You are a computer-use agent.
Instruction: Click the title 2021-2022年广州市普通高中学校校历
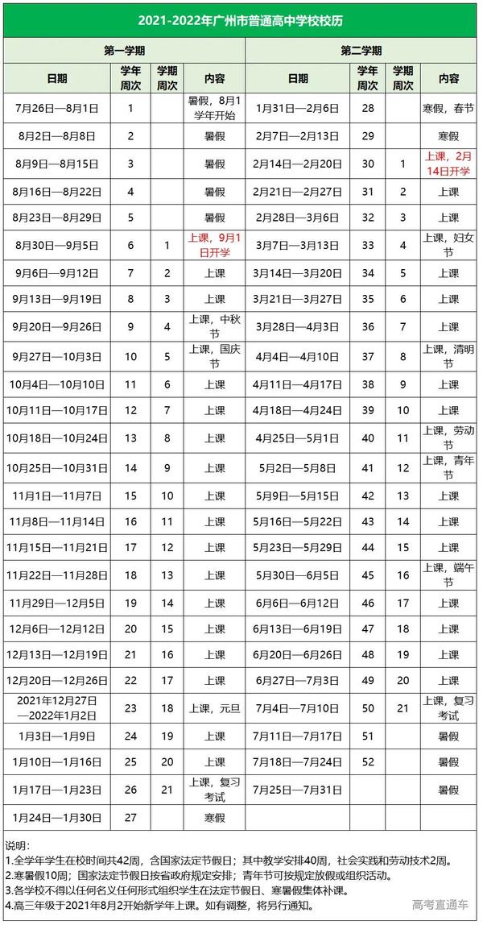(x=241, y=19)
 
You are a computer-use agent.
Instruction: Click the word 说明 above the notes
(x=16, y=845)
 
